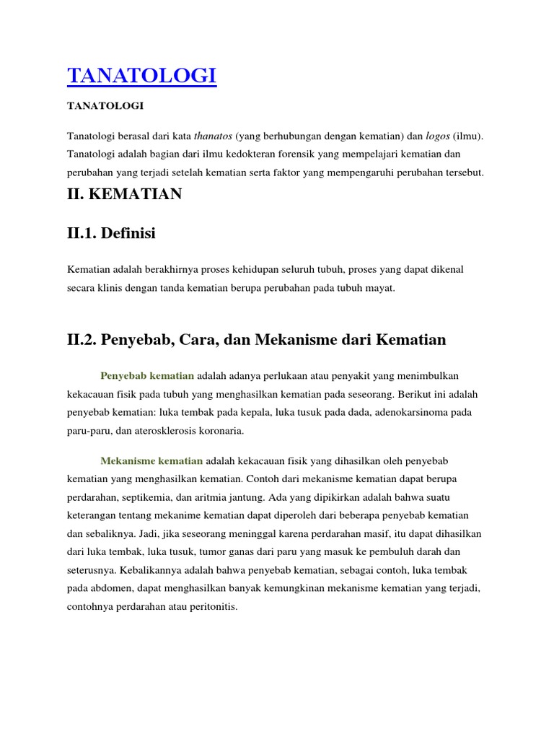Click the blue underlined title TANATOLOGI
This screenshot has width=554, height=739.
point(141,75)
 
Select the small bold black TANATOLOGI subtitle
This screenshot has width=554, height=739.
point(105,106)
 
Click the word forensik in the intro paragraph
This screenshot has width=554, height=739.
point(340,154)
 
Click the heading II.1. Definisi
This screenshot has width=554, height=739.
point(111,233)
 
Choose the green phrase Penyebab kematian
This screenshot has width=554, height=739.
point(148,375)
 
